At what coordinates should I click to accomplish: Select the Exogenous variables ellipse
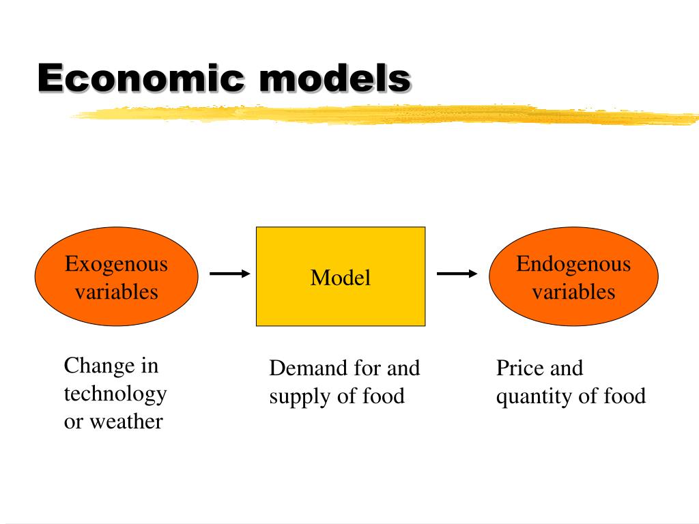(116, 307)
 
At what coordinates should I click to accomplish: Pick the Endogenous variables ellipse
(574, 310)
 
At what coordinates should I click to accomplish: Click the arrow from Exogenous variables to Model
(230, 274)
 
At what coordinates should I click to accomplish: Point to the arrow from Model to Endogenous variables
(457, 274)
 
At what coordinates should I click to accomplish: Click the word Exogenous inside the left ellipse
(116, 264)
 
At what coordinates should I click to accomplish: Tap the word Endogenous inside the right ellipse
(574, 264)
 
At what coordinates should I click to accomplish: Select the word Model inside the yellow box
(341, 278)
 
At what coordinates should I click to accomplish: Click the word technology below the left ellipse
(115, 394)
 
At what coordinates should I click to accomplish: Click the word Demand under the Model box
(309, 368)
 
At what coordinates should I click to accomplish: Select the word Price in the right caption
(520, 368)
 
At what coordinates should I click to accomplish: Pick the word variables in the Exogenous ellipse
(116, 292)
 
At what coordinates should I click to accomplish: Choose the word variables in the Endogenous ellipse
(574, 292)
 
